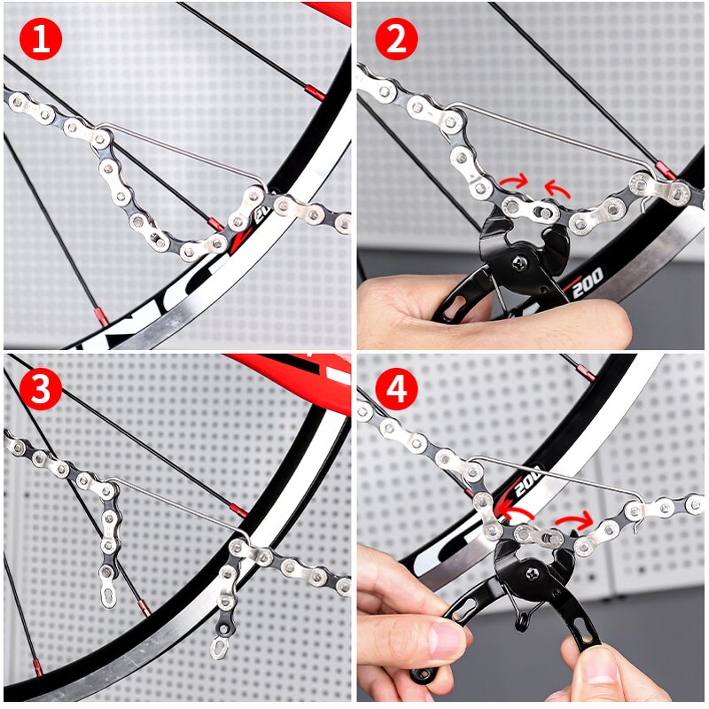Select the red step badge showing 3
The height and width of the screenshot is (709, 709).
tap(41, 389)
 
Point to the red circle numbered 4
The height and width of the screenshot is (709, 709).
tap(395, 389)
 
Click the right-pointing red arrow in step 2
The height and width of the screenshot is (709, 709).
tap(514, 183)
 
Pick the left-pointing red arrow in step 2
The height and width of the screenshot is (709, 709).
tap(557, 187)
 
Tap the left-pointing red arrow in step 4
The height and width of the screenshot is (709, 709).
tap(514, 510)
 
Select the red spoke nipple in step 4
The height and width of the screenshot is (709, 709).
tap(586, 372)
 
